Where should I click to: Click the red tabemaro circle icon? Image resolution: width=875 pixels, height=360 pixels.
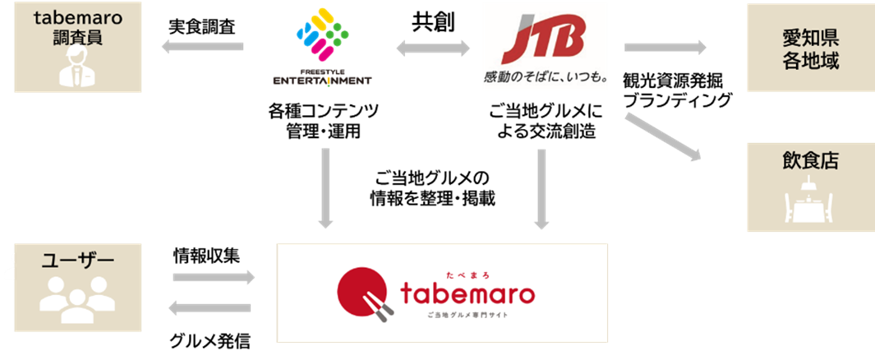pos(362,290)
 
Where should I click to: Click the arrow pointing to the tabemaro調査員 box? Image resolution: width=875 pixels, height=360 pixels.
pos(202,48)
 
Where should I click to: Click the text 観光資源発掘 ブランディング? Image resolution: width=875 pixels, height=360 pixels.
pos(677,91)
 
